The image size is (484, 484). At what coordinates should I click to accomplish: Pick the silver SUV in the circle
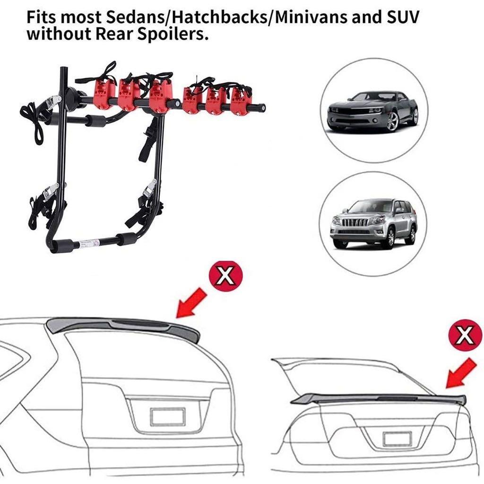click(x=373, y=223)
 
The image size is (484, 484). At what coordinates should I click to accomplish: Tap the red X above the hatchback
click(x=226, y=276)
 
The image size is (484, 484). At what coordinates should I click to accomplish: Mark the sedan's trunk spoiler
click(x=378, y=398)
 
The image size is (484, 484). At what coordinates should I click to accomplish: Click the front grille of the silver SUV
click(x=350, y=222)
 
